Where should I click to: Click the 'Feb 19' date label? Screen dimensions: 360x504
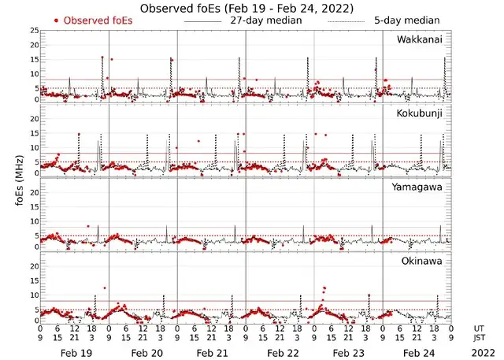76,354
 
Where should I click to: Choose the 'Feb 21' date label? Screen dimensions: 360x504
213,354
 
